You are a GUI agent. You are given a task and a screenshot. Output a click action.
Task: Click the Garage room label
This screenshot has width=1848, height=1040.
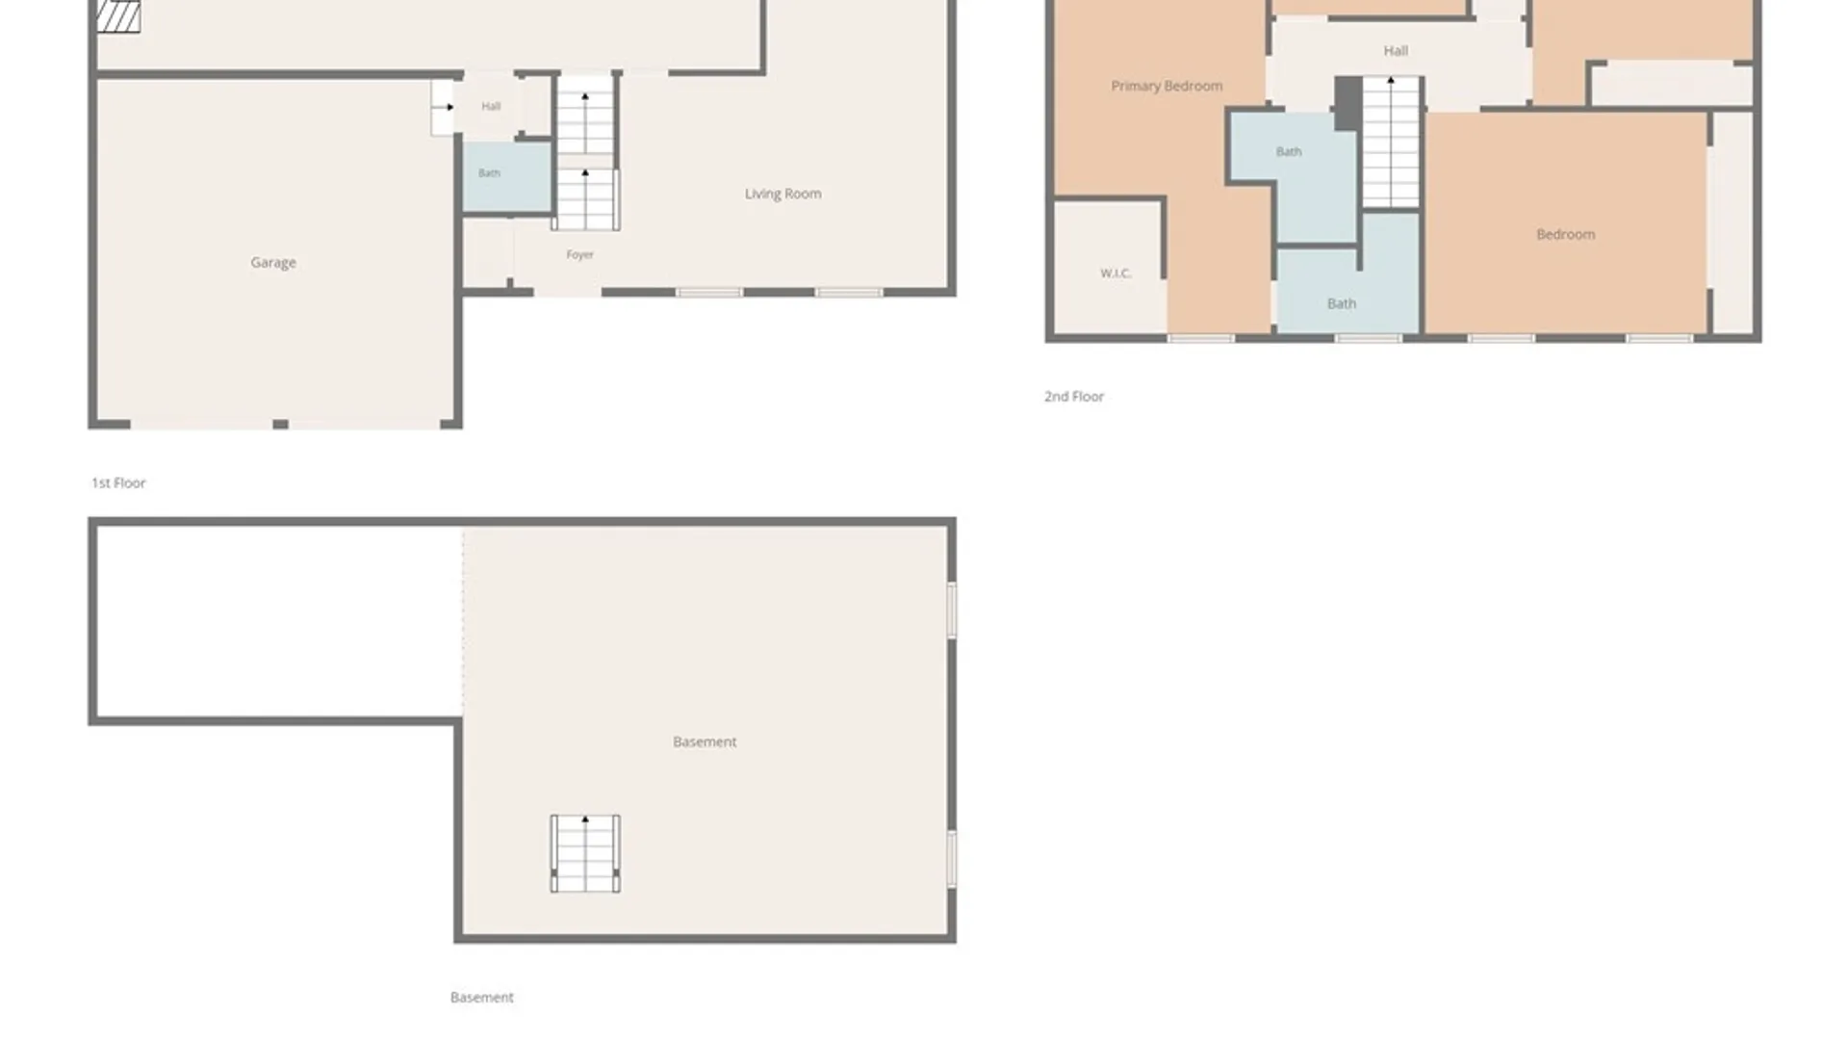pos(273,262)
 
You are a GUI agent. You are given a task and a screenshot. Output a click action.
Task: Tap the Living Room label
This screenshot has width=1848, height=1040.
pos(783,194)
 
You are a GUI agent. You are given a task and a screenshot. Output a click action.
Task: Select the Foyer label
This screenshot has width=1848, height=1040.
pos(579,254)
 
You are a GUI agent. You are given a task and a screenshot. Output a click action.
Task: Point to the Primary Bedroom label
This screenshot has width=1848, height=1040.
pos(1167,86)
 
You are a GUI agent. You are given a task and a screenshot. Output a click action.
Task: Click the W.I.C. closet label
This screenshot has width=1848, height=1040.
pos(1116,273)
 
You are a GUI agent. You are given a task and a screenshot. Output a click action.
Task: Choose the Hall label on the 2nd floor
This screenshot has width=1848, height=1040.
pos(1396,50)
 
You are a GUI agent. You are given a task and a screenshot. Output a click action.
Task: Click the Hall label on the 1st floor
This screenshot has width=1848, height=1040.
pos(491,106)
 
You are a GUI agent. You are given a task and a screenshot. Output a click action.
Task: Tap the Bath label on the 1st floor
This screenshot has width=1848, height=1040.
pos(489,173)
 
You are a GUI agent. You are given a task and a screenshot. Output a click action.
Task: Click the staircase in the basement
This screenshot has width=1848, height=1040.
pos(585,853)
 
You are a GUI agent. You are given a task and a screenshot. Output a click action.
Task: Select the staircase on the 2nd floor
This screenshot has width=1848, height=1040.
pos(1391,142)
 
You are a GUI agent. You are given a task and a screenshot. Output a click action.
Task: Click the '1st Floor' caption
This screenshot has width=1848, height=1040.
pos(118,482)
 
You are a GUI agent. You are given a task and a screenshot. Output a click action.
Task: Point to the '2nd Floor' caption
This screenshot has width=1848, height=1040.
pos(1074,396)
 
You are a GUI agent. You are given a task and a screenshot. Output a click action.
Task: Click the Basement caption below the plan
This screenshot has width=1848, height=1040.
pos(481,997)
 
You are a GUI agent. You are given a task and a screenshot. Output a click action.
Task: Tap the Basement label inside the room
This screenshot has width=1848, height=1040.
pos(705,741)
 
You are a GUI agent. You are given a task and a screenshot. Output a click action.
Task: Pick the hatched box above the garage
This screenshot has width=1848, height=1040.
pos(118,16)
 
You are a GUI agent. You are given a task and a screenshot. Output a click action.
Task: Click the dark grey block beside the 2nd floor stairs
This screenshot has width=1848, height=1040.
pos(1347,102)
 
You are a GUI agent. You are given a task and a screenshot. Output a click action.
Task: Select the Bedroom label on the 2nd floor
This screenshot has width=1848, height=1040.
pos(1565,234)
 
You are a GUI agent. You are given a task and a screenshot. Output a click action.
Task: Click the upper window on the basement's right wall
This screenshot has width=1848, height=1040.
pos(951,610)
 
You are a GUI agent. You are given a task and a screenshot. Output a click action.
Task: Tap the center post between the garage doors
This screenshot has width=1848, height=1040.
pos(280,424)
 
